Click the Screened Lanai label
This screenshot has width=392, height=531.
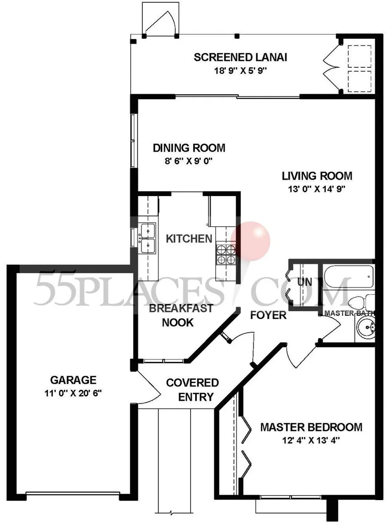[240, 57]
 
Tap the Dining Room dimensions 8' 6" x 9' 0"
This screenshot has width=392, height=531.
[189, 161]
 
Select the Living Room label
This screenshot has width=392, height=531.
[317, 176]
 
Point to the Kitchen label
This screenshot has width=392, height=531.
[189, 239]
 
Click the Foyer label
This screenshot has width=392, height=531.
[268, 315]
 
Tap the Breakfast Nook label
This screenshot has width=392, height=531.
[181, 315]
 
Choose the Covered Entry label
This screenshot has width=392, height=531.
[192, 389]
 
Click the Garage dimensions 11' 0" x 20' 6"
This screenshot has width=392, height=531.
[73, 393]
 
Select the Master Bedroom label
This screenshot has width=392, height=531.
[311, 427]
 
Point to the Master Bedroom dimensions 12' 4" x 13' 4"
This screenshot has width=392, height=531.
[311, 440]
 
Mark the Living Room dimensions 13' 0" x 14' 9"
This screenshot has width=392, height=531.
[317, 189]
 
